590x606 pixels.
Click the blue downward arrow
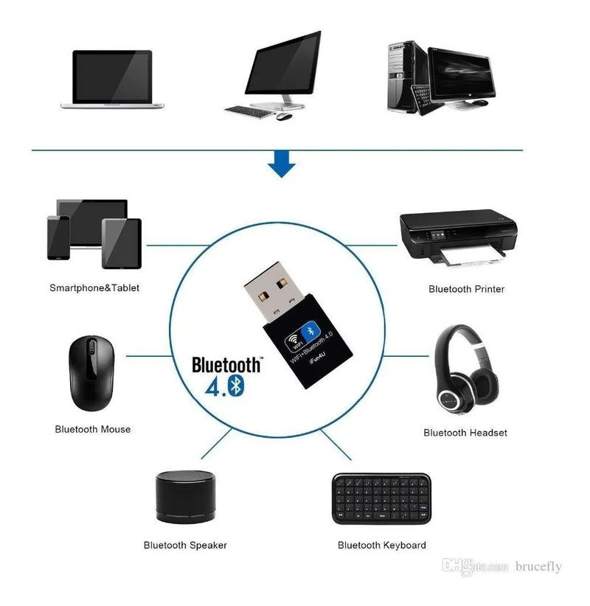point(281,164)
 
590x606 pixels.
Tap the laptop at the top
point(112,80)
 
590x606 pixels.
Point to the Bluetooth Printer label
point(466,289)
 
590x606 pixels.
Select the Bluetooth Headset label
point(465,433)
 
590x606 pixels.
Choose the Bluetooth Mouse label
point(93,429)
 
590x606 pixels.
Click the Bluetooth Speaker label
point(185,546)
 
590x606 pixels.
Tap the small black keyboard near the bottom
point(381,498)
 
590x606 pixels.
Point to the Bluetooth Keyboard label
point(381,546)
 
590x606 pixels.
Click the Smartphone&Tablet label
point(94,288)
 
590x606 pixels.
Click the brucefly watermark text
point(538,566)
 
